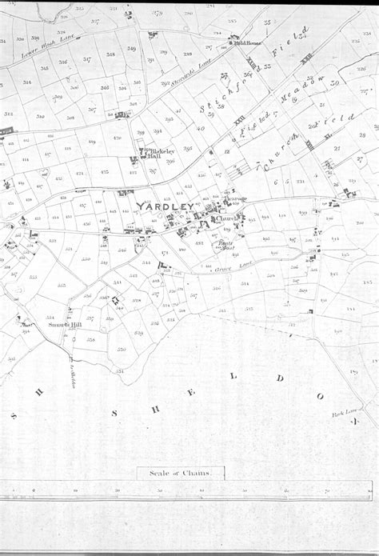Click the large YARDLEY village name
pos(165,207)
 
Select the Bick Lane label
pos(343,414)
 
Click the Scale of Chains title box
pos(181,473)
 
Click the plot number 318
pos(110,54)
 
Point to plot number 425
pos(105,171)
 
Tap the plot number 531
pos(118,282)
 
